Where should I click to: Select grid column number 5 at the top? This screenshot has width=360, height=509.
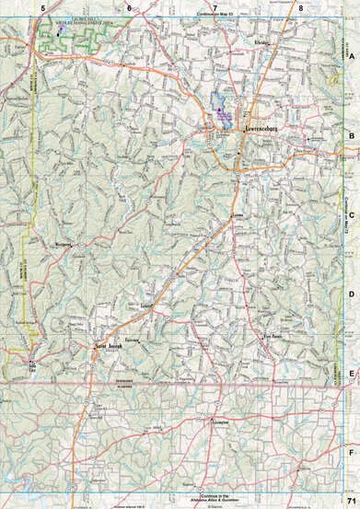click(41, 7)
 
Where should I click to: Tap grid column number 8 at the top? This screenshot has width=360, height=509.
click(301, 7)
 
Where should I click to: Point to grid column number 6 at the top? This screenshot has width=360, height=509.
click(129, 7)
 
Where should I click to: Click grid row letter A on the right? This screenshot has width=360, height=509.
click(351, 54)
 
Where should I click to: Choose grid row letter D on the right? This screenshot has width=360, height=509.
click(351, 294)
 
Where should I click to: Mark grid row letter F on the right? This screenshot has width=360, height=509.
click(351, 453)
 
